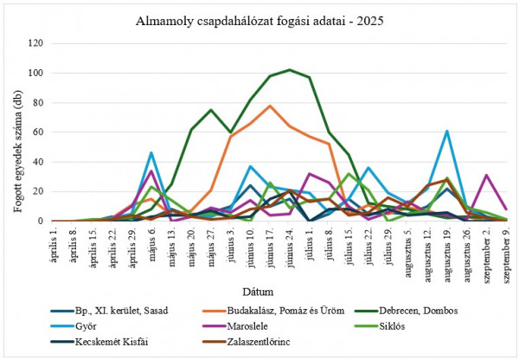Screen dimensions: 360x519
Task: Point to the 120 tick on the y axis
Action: tap(35, 42)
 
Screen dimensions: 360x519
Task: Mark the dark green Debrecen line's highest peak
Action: tap(290, 69)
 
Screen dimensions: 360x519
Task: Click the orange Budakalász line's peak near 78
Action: tap(270, 106)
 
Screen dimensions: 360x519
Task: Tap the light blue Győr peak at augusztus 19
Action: tap(446, 131)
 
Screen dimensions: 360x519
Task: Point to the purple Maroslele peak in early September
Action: tap(486, 175)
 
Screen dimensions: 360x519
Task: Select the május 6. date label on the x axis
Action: tap(149, 245)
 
